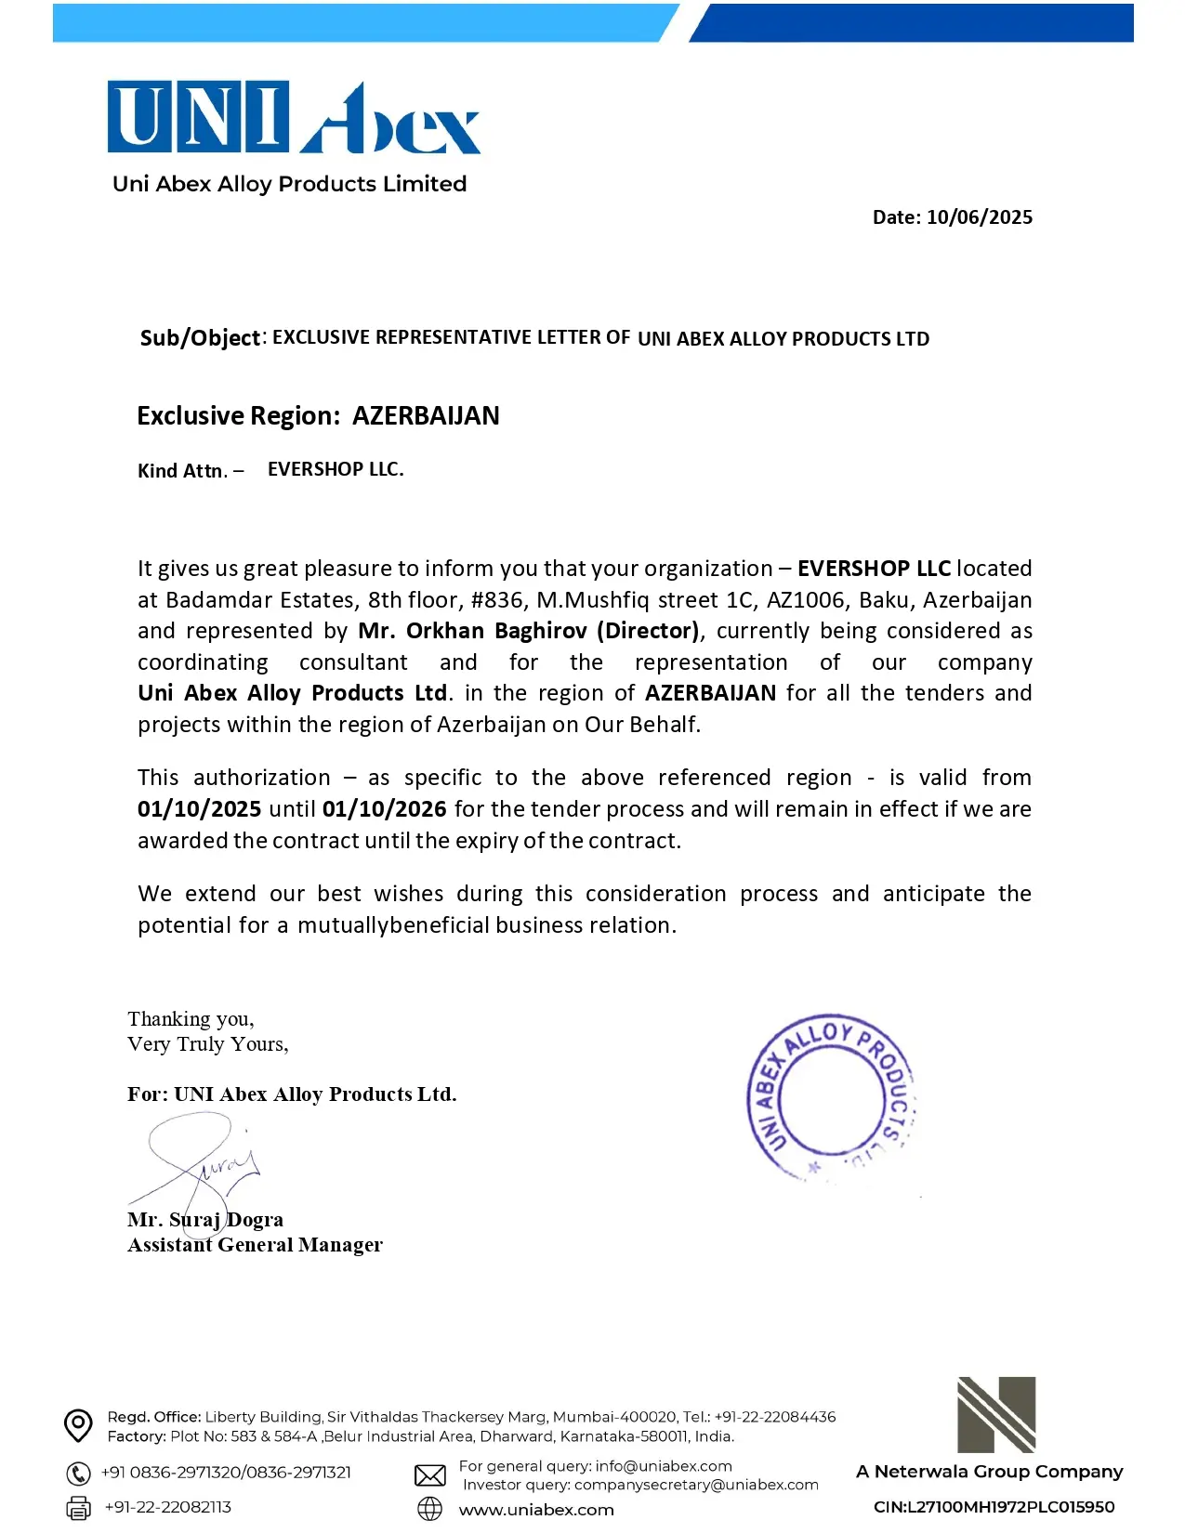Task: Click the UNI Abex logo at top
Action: pyautogui.click(x=293, y=118)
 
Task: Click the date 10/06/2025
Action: pyautogui.click(x=979, y=217)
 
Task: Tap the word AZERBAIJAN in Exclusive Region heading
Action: pyautogui.click(x=426, y=415)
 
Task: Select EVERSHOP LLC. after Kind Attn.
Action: pyautogui.click(x=336, y=469)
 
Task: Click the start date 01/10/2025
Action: pyautogui.click(x=199, y=809)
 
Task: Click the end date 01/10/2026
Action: pyautogui.click(x=384, y=809)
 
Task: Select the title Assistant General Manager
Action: pyautogui.click(x=255, y=1245)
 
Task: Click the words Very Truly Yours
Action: pyautogui.click(x=207, y=1044)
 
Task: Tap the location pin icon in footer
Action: pyautogui.click(x=78, y=1425)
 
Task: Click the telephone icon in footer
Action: pyautogui.click(x=78, y=1474)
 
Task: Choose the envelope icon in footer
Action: pyautogui.click(x=429, y=1475)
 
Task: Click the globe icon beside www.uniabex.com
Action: pyautogui.click(x=429, y=1509)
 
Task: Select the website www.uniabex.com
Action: pyautogui.click(x=536, y=1510)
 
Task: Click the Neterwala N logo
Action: pyautogui.click(x=995, y=1414)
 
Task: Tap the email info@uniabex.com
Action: pyautogui.click(x=664, y=1466)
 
